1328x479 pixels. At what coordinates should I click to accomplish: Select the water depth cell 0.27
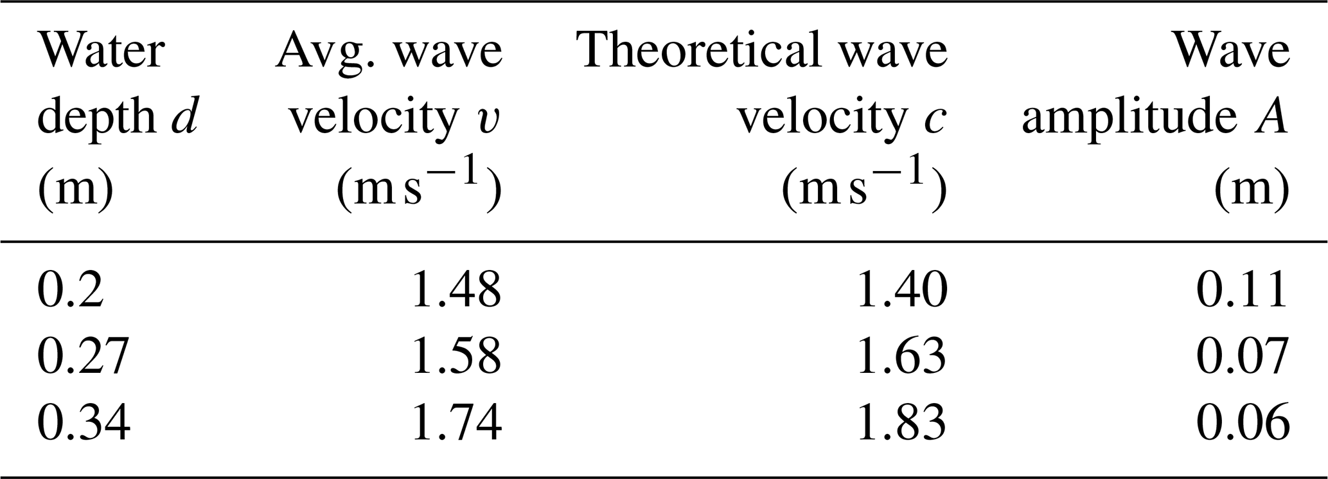[84, 356]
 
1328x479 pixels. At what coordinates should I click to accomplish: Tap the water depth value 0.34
[84, 422]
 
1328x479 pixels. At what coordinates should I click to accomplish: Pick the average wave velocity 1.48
[456, 289]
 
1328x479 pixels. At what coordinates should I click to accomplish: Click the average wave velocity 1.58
[456, 356]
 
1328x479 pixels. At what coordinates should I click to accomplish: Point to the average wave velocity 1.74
[456, 422]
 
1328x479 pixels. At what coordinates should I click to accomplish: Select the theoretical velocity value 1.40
[901, 289]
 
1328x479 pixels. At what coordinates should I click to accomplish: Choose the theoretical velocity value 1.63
[901, 356]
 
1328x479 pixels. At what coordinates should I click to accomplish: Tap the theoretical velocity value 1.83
[901, 422]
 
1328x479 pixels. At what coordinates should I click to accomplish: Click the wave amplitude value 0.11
[1242, 289]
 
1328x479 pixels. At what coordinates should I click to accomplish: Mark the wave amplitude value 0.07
[1242, 356]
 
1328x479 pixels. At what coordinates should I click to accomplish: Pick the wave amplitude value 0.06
[1242, 422]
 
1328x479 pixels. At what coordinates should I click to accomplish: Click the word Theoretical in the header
[698, 50]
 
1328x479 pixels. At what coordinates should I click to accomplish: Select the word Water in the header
[102, 50]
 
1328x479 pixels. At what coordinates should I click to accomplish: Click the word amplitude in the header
[1127, 119]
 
